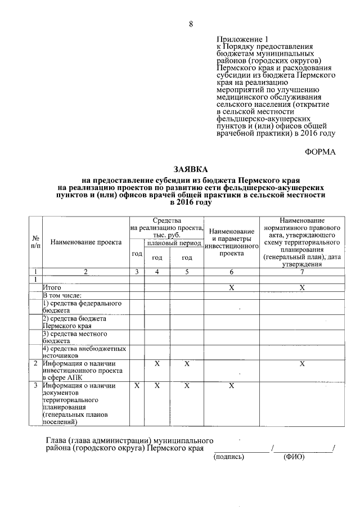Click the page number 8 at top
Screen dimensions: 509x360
click(x=191, y=24)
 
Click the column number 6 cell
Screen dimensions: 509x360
click(x=231, y=272)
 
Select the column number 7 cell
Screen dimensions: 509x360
click(x=302, y=272)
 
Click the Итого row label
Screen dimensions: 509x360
click(x=52, y=287)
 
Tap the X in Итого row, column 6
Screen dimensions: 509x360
click(x=231, y=287)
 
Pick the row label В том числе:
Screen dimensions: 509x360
click(x=63, y=295)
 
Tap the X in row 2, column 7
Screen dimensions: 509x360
click(x=302, y=364)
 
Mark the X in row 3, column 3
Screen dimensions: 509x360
click(x=137, y=386)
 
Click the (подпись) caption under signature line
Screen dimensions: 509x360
click(x=229, y=457)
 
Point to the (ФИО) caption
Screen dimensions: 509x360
click(x=293, y=457)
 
